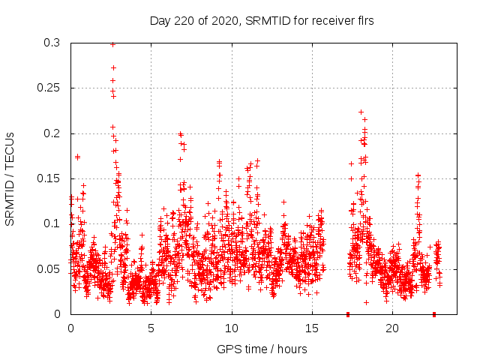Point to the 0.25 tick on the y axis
tap(51, 88)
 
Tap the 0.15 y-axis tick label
tap(51, 178)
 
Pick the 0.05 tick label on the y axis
tap(51, 268)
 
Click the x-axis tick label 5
tap(151, 328)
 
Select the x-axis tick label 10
tap(232, 328)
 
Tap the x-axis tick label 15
tap(312, 328)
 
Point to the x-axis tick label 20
tap(392, 328)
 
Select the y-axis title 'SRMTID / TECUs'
tap(10, 178)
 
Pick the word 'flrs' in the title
tap(364, 20)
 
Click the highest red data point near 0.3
tap(112, 44)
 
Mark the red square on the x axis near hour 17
tap(348, 314)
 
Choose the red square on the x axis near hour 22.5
tap(434, 314)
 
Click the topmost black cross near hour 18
tap(361, 112)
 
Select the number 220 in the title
tap(182, 20)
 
